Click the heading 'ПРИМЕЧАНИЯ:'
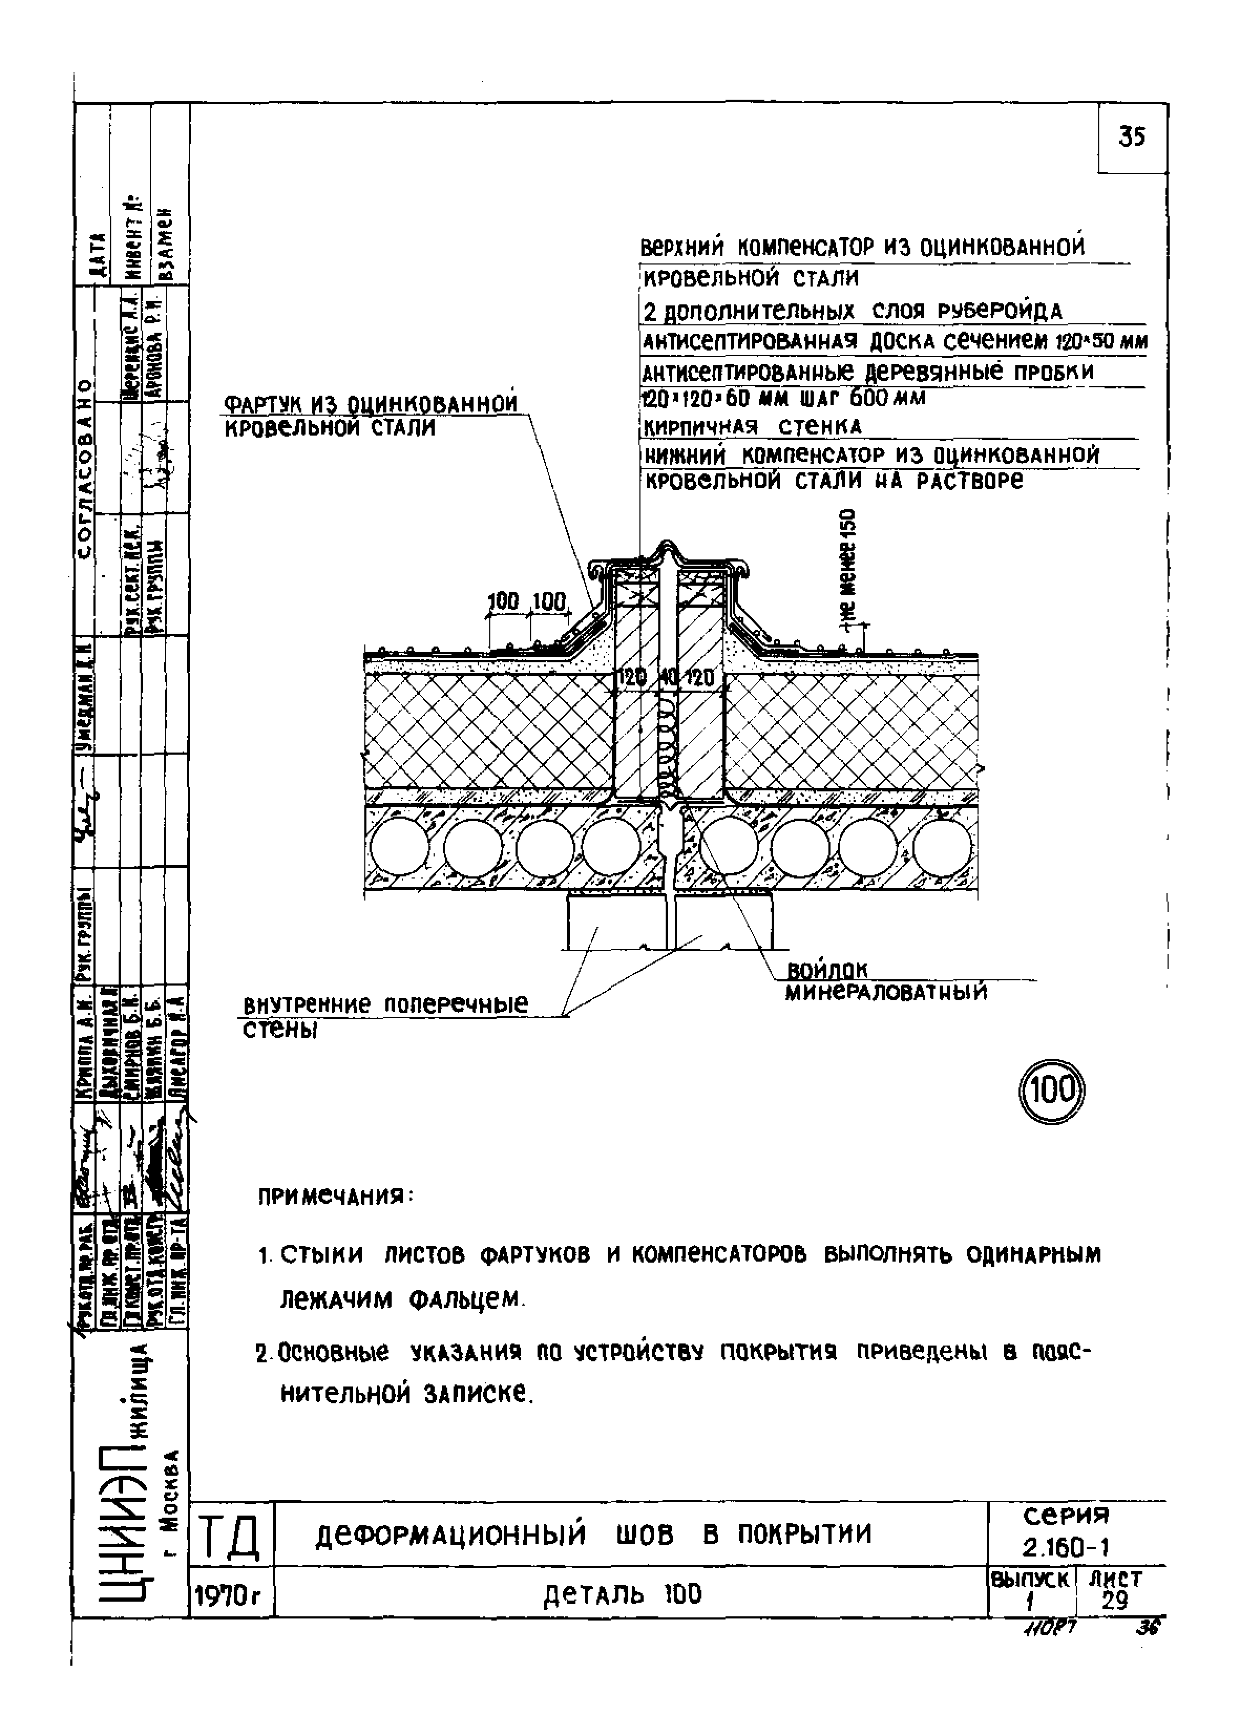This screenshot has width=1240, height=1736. [335, 1196]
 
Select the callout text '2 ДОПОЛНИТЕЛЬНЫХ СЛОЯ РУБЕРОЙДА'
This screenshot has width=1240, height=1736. [852, 311]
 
